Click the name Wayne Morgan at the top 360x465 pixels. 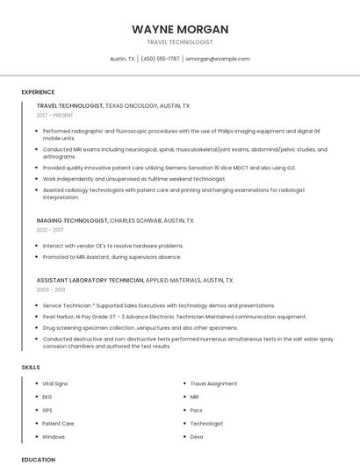179,28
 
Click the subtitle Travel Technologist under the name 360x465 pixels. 179,42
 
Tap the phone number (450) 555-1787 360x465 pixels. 160,59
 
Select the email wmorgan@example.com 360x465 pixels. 218,59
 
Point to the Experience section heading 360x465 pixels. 38,92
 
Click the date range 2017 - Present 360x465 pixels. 56,116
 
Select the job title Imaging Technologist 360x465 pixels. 72,220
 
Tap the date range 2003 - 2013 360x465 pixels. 50,290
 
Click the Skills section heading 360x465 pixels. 31,367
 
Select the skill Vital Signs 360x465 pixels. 55,383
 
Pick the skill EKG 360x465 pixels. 47,397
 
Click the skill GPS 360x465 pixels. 47,410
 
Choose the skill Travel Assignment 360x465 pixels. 214,383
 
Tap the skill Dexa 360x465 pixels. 197,436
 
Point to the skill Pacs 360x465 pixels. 197,410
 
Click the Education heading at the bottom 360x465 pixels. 38,459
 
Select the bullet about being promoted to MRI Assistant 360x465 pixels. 112,257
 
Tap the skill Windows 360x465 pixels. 54,436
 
